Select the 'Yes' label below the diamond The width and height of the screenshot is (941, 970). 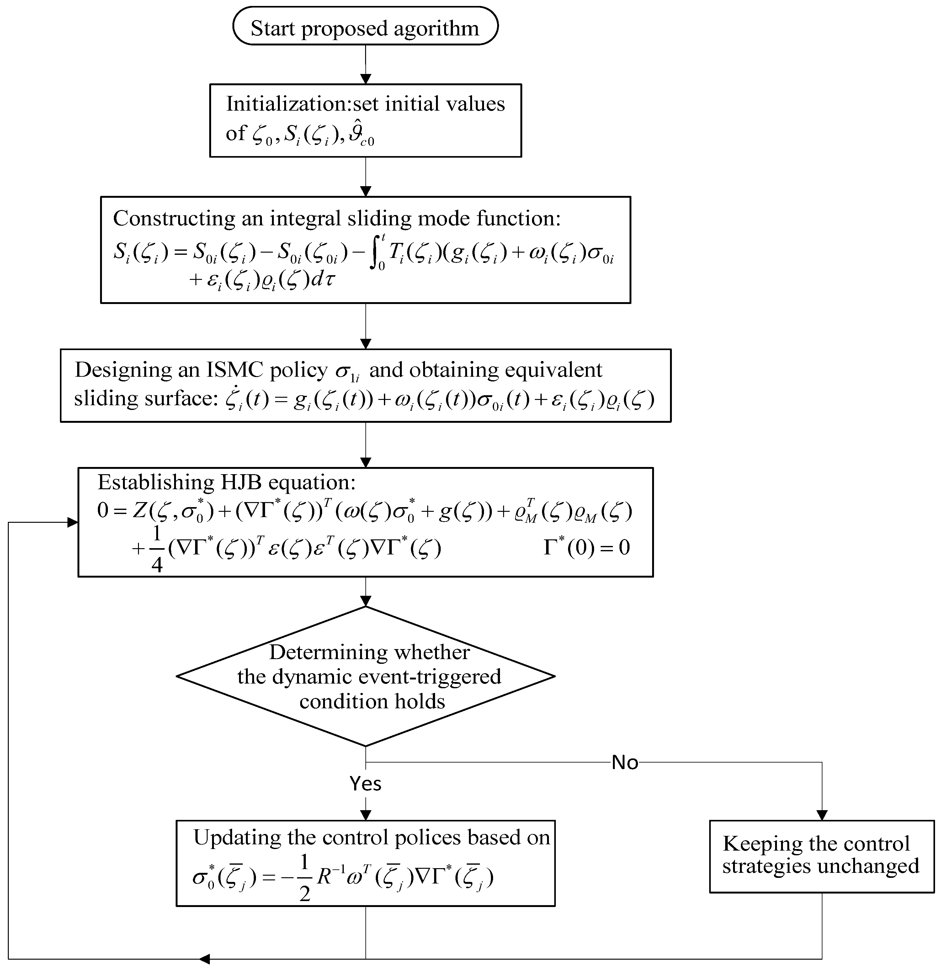click(365, 784)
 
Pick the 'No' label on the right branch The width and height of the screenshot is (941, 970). click(625, 763)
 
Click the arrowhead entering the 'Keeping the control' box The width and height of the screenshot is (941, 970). click(821, 815)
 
